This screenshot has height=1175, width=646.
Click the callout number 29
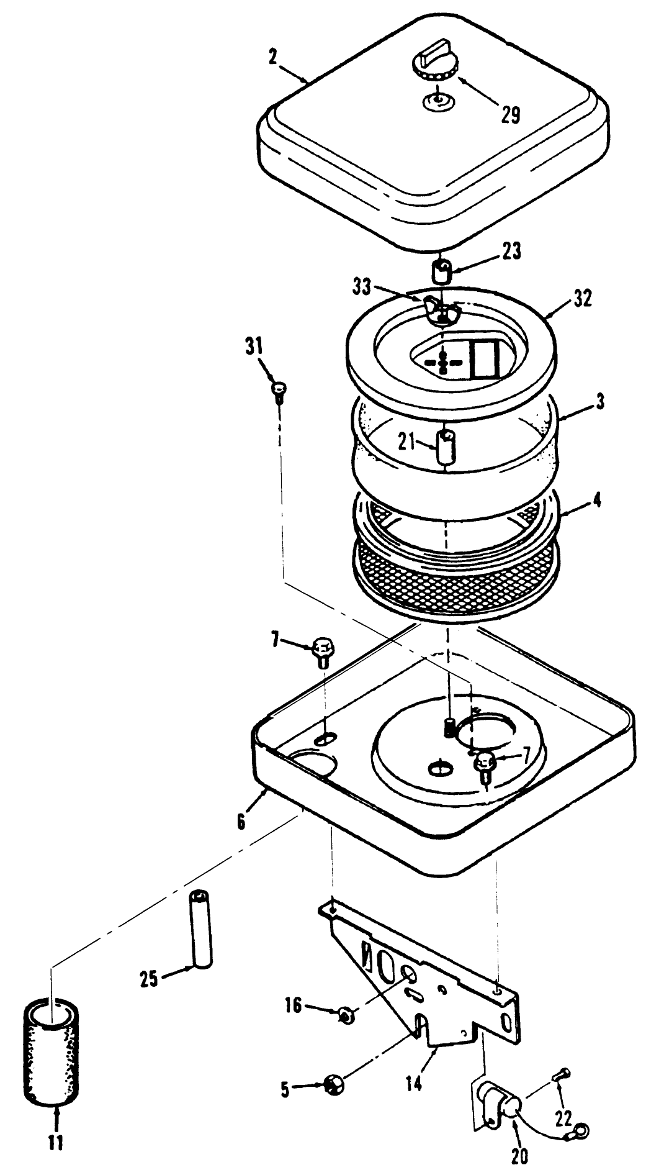coord(511,116)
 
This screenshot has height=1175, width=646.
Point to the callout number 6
coord(241,820)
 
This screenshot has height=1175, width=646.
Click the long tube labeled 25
coord(200,928)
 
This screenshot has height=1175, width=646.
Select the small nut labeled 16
coord(346,1015)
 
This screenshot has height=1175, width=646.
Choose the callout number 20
coord(519,1155)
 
